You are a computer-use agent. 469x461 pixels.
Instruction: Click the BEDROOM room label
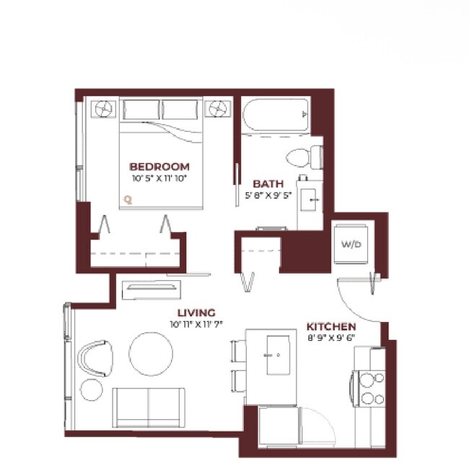[x=159, y=166]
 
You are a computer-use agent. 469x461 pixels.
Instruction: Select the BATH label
[x=268, y=184]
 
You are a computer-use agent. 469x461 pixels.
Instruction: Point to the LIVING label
[x=196, y=313]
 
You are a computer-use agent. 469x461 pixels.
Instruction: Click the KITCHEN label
[x=331, y=326]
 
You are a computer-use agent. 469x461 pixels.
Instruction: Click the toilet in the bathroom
[x=303, y=156]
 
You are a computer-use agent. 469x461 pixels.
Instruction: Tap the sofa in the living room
[x=149, y=407]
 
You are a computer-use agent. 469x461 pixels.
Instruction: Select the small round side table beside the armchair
[x=92, y=390]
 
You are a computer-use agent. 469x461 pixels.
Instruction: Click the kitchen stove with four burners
[x=372, y=388]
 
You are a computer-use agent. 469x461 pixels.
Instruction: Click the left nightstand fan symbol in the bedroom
[x=102, y=109]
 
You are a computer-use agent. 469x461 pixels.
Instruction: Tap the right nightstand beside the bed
[x=216, y=109]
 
